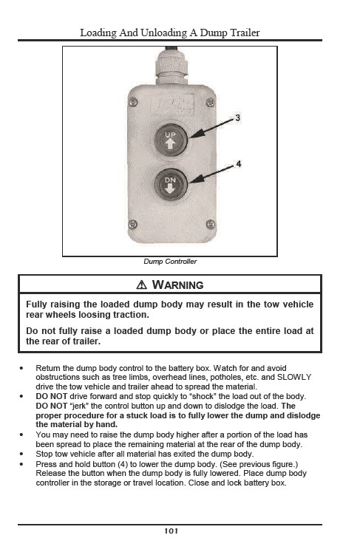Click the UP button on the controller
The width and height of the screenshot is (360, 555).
coord(171,140)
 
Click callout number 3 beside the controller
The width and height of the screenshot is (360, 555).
coord(237,118)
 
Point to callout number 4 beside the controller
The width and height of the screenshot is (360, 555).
coord(239,164)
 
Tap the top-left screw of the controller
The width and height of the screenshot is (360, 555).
coord(134,103)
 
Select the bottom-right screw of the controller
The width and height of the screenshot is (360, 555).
coord(210,224)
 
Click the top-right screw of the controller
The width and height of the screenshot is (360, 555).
coord(210,103)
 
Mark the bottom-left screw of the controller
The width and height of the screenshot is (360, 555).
coord(133,224)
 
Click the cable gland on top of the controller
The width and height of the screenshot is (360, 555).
coord(171,67)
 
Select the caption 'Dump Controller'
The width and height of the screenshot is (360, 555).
coord(170,262)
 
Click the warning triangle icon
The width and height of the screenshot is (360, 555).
coord(141,285)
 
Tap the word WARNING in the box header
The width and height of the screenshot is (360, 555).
coord(177,285)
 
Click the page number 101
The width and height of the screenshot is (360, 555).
coord(171,531)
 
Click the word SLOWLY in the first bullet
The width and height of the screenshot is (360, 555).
coord(294,378)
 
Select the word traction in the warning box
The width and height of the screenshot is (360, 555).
coord(131,315)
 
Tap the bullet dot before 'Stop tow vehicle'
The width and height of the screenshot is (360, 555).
coord(21,454)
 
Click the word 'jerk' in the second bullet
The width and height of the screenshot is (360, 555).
coord(79,406)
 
